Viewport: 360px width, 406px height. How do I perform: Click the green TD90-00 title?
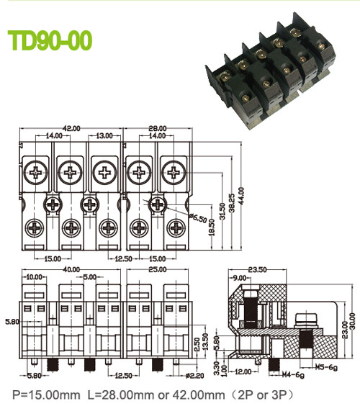coord(49,41)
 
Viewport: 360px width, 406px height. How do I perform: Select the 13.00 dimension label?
coord(104,135)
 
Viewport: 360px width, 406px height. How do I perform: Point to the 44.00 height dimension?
coord(242,195)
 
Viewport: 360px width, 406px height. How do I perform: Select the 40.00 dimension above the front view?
coord(71,269)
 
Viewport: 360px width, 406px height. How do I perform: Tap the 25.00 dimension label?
coord(148,269)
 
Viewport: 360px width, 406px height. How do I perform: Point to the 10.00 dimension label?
coord(34,277)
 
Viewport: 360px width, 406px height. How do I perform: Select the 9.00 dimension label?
coord(238,277)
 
